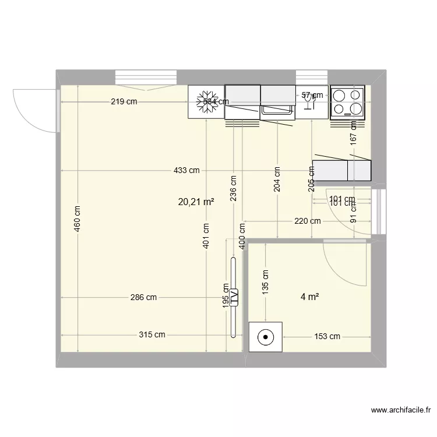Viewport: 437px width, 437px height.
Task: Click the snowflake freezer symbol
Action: point(206,101)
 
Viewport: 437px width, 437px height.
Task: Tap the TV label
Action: point(234,297)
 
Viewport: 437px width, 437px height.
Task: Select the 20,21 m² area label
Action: point(195,202)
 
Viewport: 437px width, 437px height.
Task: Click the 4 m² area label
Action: point(309,297)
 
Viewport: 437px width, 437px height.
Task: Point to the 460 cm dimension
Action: point(78,218)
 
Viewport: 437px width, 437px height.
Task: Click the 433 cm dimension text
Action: point(186,170)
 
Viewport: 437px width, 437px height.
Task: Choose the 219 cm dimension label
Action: point(124,102)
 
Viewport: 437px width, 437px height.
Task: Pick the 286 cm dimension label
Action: point(143,297)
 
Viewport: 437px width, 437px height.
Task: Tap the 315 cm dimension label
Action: point(151,335)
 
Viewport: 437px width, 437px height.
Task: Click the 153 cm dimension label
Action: point(327,336)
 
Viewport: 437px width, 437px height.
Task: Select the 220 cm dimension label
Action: point(307,221)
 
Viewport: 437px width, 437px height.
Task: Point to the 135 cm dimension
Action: point(265,281)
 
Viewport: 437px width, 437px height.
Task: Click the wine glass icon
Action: point(309,102)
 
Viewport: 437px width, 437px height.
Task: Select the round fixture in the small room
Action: point(266,336)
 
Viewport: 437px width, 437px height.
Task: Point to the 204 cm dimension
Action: point(277,179)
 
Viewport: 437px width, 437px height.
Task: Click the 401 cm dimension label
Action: point(206,237)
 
